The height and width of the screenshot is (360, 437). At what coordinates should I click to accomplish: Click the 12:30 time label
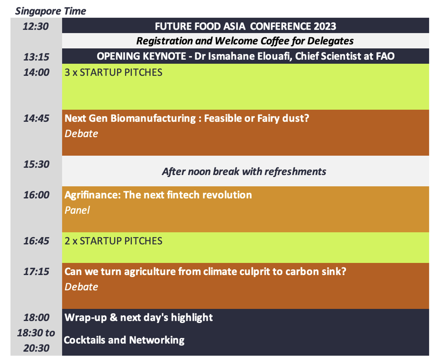pyautogui.click(x=36, y=26)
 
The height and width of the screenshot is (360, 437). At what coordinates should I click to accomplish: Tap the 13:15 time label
pyautogui.click(x=36, y=57)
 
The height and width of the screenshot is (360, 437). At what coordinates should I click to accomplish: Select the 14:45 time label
pyautogui.click(x=36, y=118)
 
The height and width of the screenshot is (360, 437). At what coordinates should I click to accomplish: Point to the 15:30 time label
pyautogui.click(x=36, y=164)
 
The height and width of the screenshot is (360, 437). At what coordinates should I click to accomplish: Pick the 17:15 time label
pyautogui.click(x=36, y=271)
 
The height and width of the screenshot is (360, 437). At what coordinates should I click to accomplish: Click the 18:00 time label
pyautogui.click(x=36, y=317)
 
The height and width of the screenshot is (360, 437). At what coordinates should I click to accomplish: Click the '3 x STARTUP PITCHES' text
pyautogui.click(x=113, y=72)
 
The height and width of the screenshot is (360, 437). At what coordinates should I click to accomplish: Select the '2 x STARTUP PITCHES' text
pyautogui.click(x=113, y=241)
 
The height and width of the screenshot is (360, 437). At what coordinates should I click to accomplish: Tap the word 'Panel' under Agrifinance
pyautogui.click(x=77, y=210)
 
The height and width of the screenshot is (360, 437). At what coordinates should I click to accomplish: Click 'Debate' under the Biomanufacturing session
pyautogui.click(x=81, y=134)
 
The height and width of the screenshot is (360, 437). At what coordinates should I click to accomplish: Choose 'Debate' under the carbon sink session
pyautogui.click(x=81, y=287)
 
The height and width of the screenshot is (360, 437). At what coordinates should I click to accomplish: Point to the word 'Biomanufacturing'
pyautogui.click(x=153, y=118)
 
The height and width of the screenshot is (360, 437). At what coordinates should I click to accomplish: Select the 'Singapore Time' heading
pyautogui.click(x=50, y=11)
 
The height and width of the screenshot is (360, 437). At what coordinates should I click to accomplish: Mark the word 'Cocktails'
pyautogui.click(x=84, y=340)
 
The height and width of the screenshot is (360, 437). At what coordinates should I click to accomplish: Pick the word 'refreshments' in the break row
pyautogui.click(x=295, y=172)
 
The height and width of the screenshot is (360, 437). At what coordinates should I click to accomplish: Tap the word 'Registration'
pyautogui.click(x=164, y=41)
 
